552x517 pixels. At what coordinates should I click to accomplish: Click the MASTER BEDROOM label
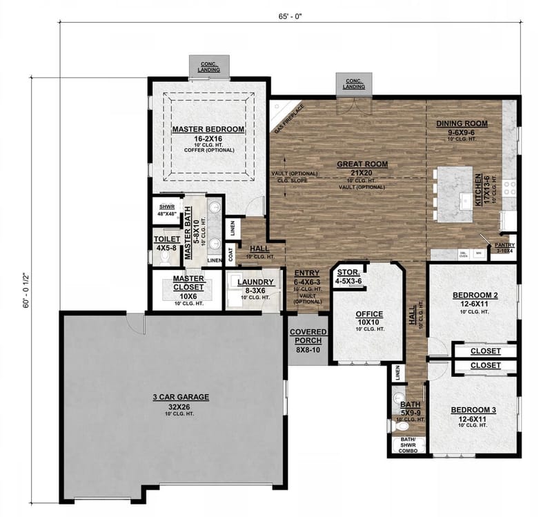(x=208, y=129)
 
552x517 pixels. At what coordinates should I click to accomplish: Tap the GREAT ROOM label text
(x=362, y=164)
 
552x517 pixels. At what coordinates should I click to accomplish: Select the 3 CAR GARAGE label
(x=180, y=397)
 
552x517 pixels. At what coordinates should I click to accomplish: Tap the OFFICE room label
(x=369, y=314)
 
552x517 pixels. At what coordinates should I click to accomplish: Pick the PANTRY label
(x=505, y=244)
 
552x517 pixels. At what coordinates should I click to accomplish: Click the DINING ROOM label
(x=462, y=124)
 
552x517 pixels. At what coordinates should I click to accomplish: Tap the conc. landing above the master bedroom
(x=207, y=66)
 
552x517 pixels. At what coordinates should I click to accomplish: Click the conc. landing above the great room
(x=354, y=83)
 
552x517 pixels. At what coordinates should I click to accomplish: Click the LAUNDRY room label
(x=252, y=282)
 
